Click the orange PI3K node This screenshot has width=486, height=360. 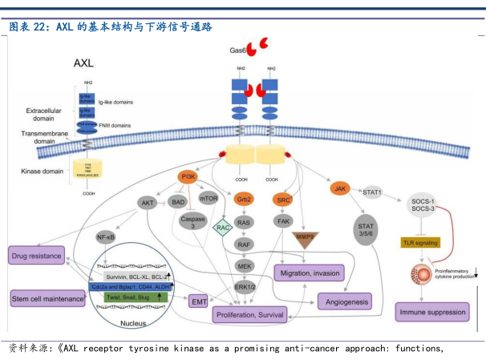coord(188,177)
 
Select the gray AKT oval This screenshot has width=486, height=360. coord(148,203)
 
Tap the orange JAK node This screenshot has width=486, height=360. coord(340,188)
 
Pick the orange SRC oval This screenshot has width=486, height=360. coord(283,199)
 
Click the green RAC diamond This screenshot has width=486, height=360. coord(223,228)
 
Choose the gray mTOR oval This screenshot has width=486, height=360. coord(209,198)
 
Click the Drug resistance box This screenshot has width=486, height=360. coord(35,256)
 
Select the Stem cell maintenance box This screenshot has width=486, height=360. coord(47,299)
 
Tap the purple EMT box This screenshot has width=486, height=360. coord(198,301)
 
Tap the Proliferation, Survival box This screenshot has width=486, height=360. coord(249,316)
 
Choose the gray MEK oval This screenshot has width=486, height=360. coord(244,265)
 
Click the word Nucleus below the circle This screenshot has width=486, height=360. coord(133,323)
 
